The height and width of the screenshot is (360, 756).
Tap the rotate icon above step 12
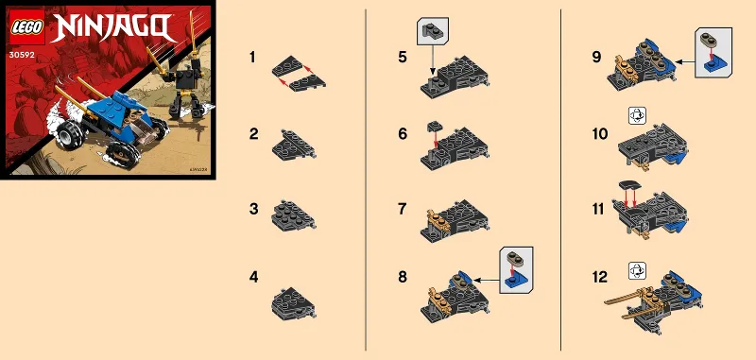coord(636,271)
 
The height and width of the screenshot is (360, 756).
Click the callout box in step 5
coord(431,33)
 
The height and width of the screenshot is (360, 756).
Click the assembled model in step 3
coord(294,214)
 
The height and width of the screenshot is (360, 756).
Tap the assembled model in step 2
coord(292,145)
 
